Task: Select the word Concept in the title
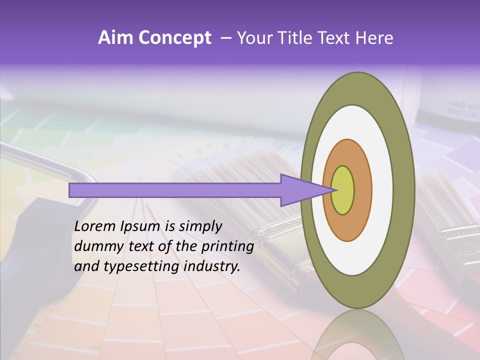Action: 174,38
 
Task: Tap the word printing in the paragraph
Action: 227,246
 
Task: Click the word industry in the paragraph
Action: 210,266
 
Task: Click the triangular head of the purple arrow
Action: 300,190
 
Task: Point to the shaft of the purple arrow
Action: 175,190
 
